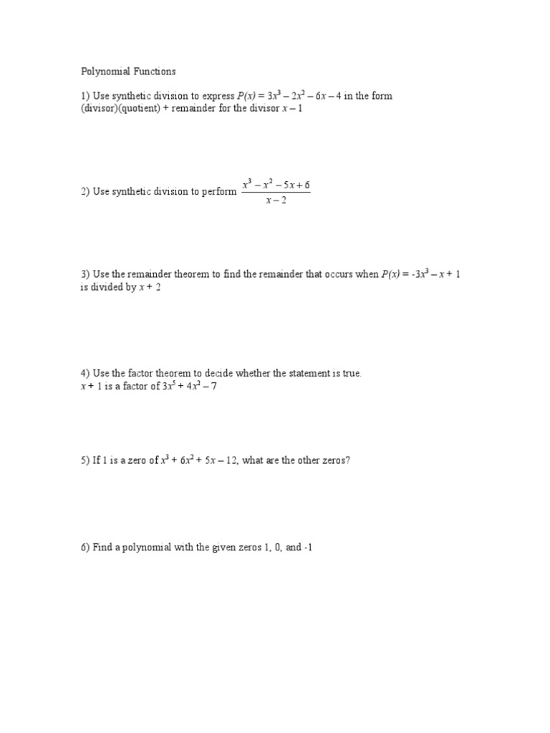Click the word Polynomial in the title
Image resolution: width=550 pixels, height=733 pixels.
click(103, 72)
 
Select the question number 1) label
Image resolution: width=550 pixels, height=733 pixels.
click(85, 96)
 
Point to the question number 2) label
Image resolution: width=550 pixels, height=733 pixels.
click(85, 192)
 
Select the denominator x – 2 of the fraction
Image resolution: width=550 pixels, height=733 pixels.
click(276, 200)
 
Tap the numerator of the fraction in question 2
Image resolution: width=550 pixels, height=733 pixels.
click(276, 185)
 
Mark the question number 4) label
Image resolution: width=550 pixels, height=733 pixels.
click(85, 374)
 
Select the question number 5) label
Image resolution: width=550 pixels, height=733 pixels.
click(85, 461)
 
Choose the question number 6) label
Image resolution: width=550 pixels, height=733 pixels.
click(85, 548)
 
